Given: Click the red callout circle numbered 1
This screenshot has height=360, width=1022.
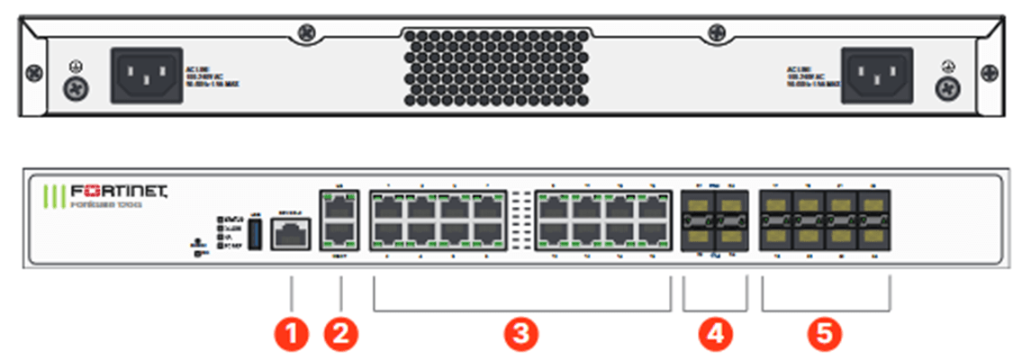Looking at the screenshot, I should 291,334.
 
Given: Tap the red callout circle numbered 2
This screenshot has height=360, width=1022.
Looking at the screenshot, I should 341,334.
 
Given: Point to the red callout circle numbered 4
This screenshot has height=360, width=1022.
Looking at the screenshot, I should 716,334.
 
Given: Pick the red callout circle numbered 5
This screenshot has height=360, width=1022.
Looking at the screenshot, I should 825,334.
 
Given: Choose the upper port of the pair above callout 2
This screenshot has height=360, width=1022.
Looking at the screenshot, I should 340,208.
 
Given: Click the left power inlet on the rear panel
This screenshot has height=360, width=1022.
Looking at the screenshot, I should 146,75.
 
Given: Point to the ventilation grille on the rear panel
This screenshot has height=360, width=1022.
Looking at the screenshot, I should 510,67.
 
